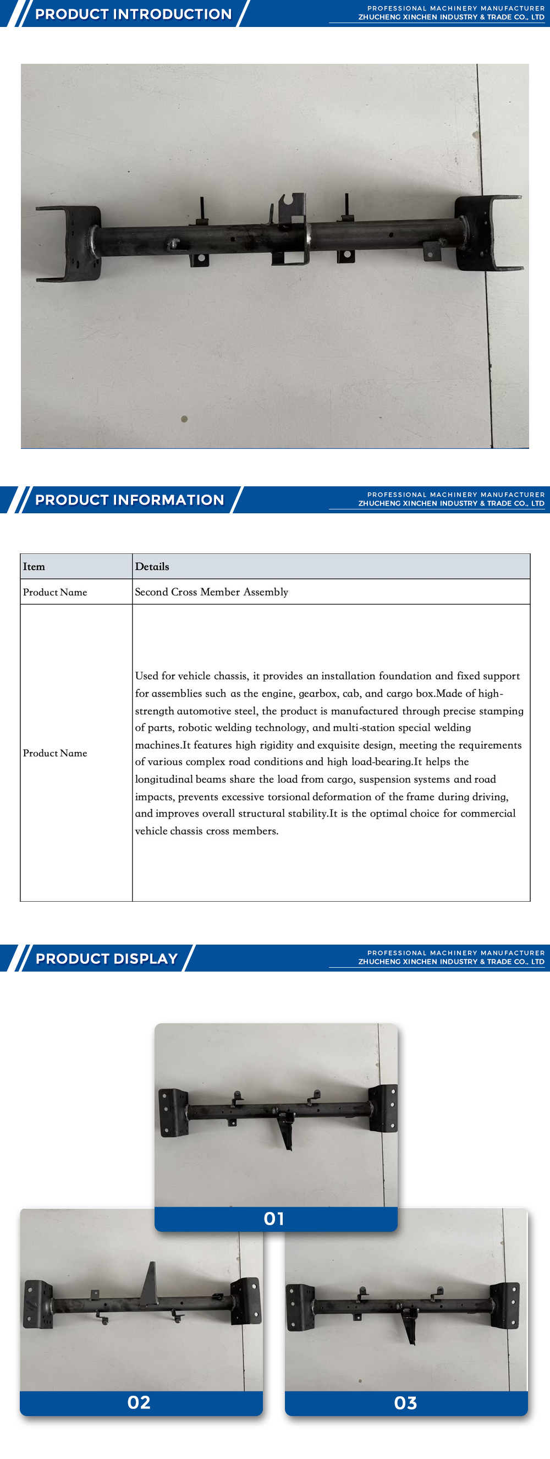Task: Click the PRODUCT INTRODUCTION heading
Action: click(x=133, y=14)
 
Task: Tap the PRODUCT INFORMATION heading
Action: click(x=129, y=500)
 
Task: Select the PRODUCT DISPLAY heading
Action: click(x=107, y=958)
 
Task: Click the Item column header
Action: click(x=34, y=567)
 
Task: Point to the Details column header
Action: click(x=152, y=567)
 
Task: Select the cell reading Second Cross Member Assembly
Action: click(x=211, y=592)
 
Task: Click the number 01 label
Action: click(x=274, y=1219)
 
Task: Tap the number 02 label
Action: click(x=139, y=1402)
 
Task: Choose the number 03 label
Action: click(x=405, y=1403)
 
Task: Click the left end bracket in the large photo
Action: click(x=71, y=244)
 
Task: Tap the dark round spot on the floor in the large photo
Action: click(x=184, y=419)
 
